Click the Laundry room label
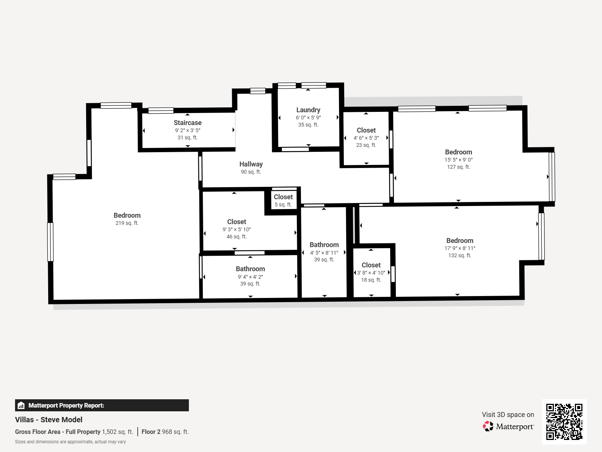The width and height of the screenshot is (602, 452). tap(308, 110)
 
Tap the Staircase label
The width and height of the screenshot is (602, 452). tap(187, 123)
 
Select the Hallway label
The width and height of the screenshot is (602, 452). tap(251, 164)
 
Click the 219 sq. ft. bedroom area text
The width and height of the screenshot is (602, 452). tap(127, 223)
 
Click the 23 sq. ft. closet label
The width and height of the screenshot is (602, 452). tap(366, 130)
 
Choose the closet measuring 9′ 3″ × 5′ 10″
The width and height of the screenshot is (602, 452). tap(236, 229)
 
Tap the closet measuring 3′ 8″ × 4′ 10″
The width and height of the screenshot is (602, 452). tap(371, 273)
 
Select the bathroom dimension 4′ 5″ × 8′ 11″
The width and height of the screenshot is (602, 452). tap(324, 253)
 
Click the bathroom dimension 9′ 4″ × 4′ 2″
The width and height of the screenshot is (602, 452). tap(250, 277)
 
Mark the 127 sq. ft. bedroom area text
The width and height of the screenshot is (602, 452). tap(458, 167)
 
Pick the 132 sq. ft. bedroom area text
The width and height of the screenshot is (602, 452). tap(459, 255)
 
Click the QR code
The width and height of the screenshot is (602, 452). tap(564, 421)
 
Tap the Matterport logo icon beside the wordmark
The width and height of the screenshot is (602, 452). tap(488, 426)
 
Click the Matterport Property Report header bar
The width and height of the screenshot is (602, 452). tap(102, 405)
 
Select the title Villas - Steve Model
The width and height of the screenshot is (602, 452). tap(49, 420)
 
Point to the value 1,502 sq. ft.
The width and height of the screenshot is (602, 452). tap(117, 432)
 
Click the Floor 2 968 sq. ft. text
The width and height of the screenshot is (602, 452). tap(165, 432)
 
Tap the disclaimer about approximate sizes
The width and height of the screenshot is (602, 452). tap(70, 442)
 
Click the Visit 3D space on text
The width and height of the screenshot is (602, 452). tap(508, 415)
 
